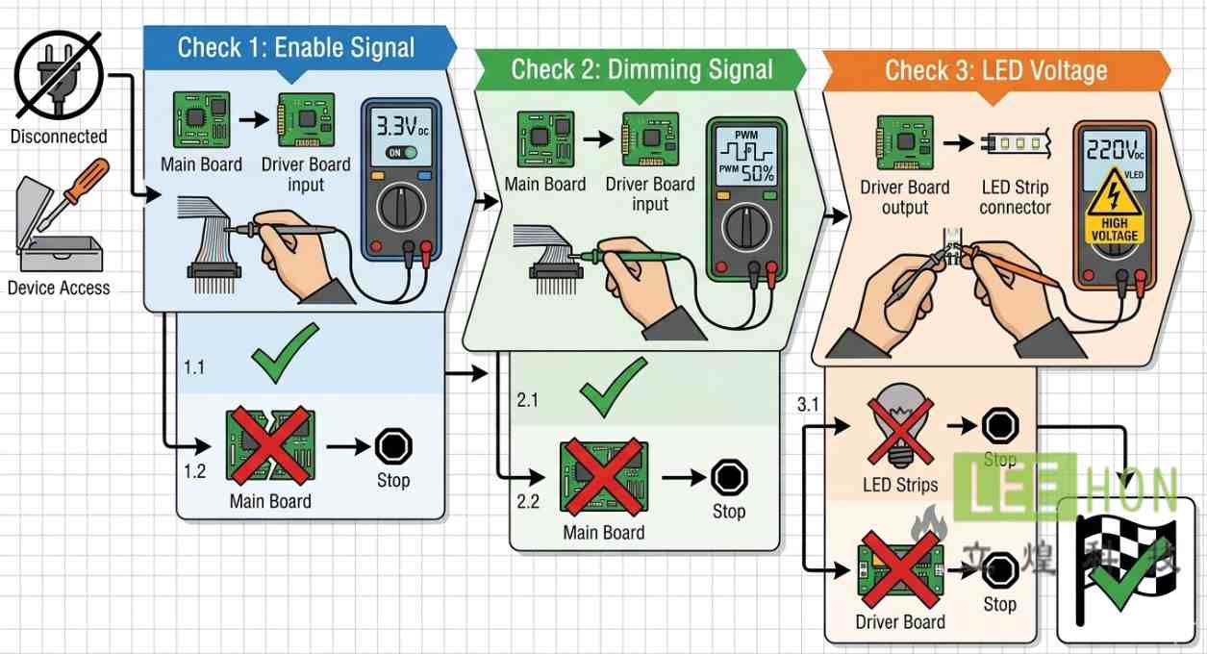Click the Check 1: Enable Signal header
coord(296,47)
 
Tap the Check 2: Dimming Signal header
coord(641,69)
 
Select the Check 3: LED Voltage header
coord(995,70)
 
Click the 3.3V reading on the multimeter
coord(402,125)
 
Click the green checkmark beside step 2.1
coord(613,387)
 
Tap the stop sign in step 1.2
coord(392,446)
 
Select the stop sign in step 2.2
coord(728,477)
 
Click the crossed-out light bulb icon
coord(900,425)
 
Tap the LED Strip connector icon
coord(1015,145)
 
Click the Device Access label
coord(59,288)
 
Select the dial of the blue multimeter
coord(401,206)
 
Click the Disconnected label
coord(59,137)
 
